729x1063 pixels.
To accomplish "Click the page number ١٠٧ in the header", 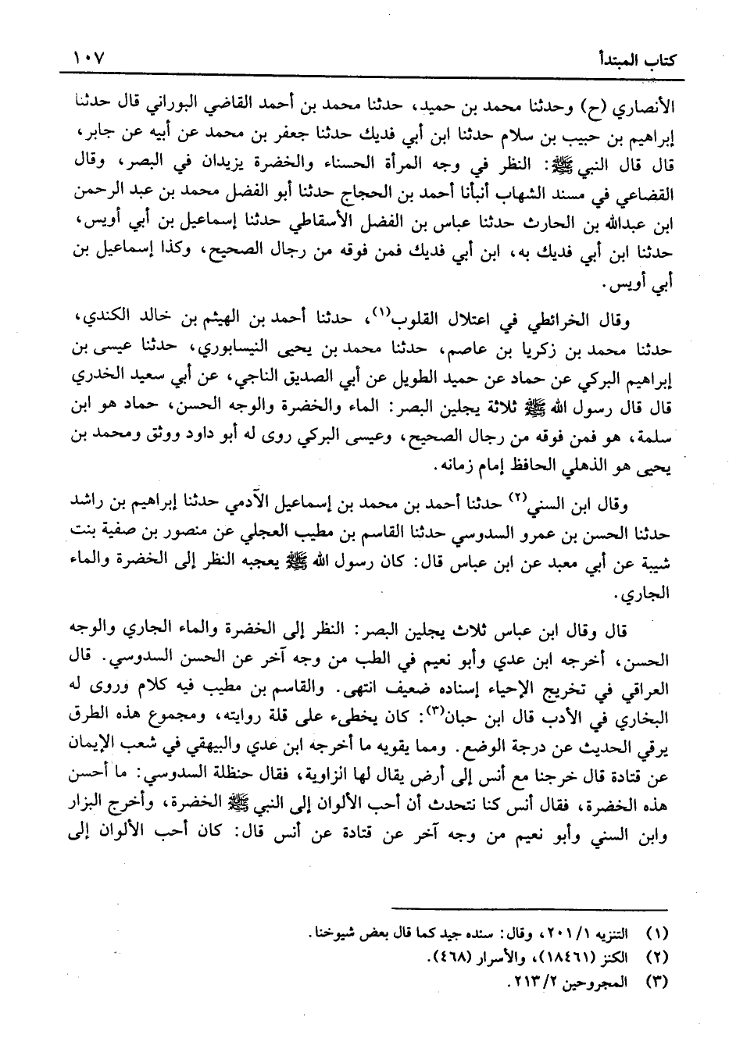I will (x=91, y=59).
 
